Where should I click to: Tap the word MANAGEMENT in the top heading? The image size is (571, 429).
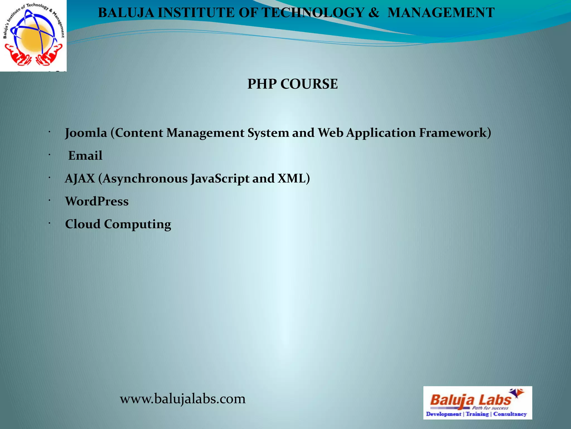tap(441, 13)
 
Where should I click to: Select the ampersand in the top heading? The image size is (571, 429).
tap(374, 13)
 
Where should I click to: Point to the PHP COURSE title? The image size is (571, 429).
tap(292, 84)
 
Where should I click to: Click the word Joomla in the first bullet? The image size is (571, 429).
tap(86, 133)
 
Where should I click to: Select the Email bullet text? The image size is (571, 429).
tap(85, 156)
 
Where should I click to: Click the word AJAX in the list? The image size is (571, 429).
tap(80, 178)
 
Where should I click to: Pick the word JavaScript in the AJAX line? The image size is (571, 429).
tap(220, 178)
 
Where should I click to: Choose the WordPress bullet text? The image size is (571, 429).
tap(97, 201)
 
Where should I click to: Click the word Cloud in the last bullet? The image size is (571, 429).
tap(83, 224)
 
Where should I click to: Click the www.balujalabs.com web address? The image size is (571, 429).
tap(183, 399)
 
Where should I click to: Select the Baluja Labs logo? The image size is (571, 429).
tap(477, 403)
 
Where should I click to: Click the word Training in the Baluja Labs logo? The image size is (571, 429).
tap(477, 414)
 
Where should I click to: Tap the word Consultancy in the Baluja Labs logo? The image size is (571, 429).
tap(510, 414)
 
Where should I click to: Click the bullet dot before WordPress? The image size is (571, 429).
tap(49, 200)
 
